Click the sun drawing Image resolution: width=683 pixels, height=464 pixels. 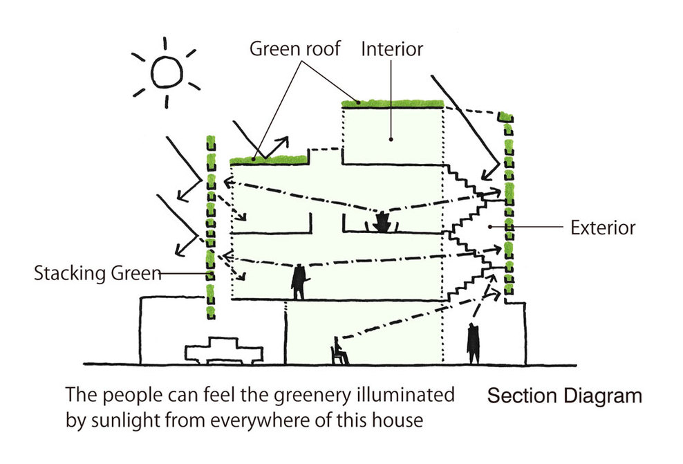pos(165,72)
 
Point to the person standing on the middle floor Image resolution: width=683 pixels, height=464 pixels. pos(299,281)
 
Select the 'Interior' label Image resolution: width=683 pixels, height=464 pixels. pos(392,50)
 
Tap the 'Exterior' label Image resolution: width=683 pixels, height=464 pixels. pos(603,227)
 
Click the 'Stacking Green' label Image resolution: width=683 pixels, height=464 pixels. pos(97,274)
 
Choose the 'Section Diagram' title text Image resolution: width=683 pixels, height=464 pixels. pos(564,396)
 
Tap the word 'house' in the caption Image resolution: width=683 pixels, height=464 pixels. pos(397,420)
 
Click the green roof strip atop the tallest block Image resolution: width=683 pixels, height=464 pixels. pos(392,104)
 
